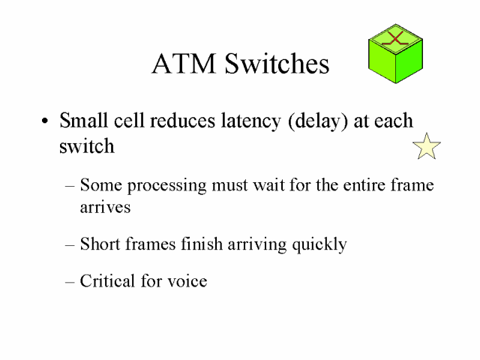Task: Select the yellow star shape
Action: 427,146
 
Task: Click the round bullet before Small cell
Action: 46,122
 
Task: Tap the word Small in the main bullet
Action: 83,121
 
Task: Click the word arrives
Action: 105,208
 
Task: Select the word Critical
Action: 109,281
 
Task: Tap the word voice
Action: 187,282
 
